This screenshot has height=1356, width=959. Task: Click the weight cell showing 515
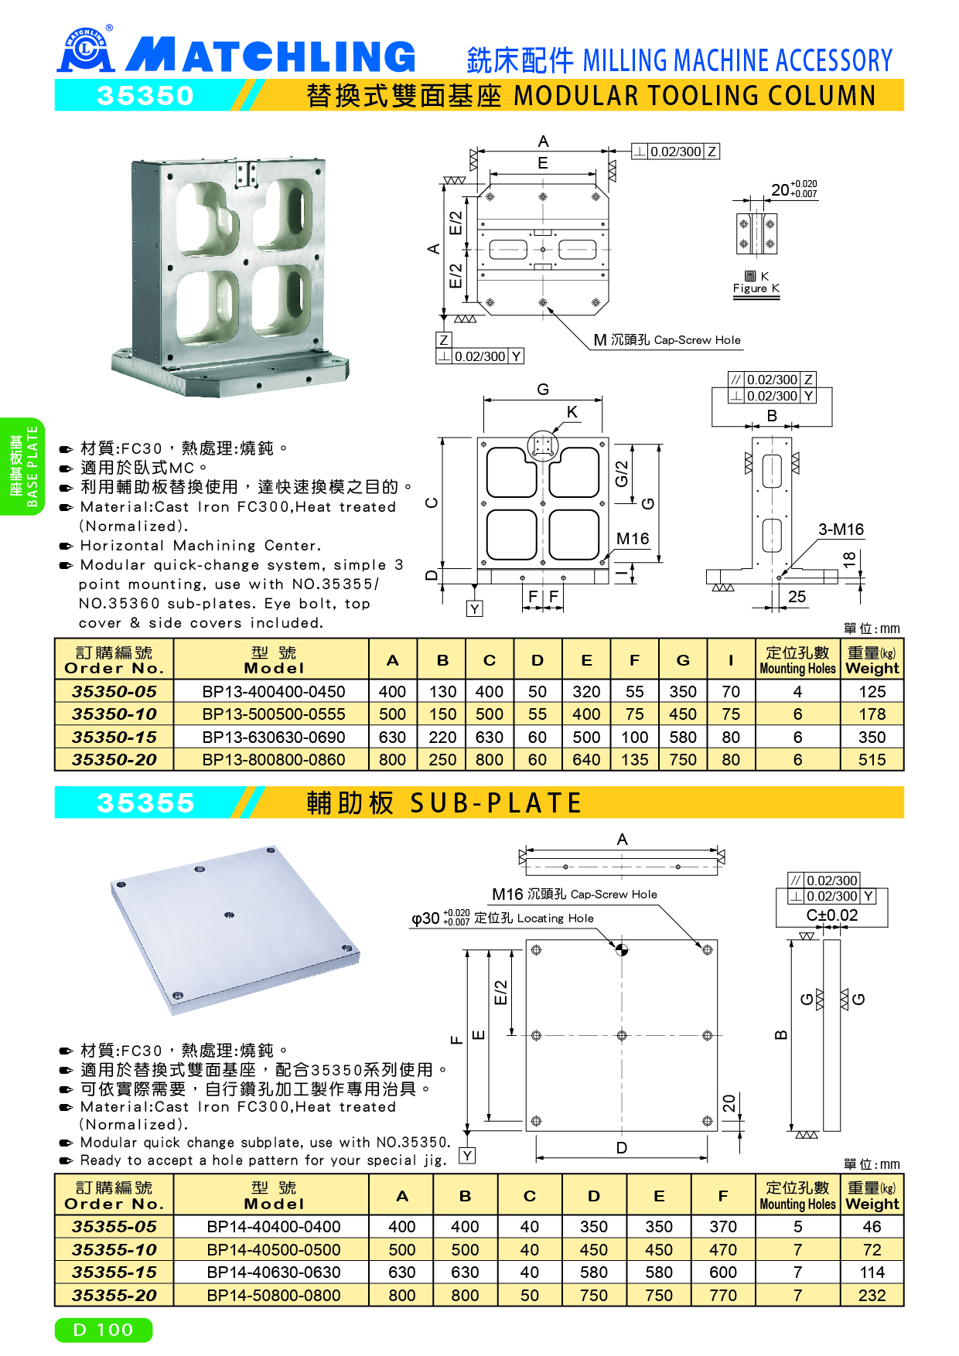872,760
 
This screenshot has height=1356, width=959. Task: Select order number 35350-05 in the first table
114,691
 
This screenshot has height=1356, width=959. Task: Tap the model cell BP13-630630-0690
274,738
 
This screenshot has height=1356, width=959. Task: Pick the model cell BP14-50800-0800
274,1296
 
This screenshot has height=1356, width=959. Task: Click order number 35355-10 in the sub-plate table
114,1250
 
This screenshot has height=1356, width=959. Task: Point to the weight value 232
872,1296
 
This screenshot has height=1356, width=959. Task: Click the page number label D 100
104,1330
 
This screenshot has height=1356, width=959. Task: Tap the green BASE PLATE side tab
22,466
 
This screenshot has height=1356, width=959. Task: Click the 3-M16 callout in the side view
841,530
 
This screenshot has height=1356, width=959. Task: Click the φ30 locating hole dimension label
441,918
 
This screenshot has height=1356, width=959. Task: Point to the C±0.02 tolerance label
832,915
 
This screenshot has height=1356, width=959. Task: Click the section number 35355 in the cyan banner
145,803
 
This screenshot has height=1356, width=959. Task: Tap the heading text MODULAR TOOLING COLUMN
695,96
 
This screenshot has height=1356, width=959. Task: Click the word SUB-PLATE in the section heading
495,803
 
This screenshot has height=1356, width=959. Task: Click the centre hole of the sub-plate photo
229,915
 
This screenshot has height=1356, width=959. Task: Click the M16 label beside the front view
633,539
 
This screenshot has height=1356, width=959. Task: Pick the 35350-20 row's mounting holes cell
797,760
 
